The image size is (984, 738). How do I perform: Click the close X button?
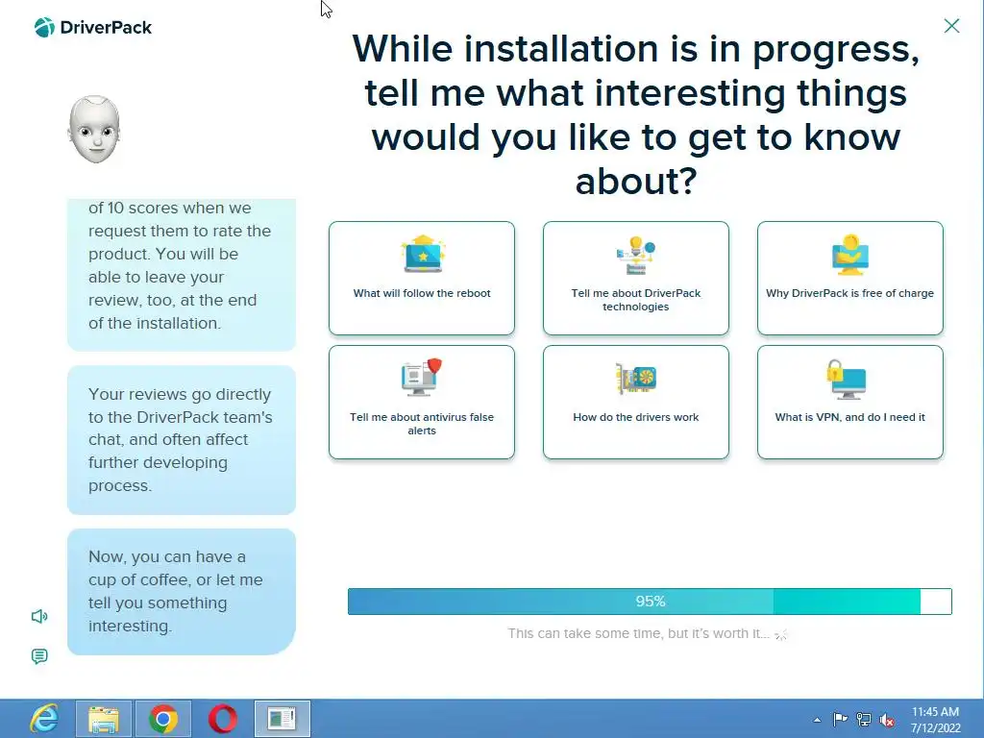951,26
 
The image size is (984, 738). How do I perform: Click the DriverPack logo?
93,28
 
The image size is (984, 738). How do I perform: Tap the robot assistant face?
94,130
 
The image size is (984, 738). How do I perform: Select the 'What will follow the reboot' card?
422,278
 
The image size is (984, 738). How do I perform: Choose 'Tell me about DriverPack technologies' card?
636,278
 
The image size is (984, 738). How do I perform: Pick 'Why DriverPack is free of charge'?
850,278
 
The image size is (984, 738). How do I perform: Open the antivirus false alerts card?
422,403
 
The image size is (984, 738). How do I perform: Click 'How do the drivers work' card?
636,403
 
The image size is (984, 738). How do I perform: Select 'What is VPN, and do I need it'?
850,403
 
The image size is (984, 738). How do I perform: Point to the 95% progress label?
651,602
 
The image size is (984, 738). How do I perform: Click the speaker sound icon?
39,616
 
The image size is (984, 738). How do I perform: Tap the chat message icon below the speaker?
39,656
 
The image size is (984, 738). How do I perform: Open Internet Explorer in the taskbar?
44,719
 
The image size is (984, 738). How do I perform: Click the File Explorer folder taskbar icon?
104,719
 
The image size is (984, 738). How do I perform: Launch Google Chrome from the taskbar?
163,719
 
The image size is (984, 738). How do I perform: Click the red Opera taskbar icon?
223,719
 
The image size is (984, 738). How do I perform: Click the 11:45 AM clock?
935,712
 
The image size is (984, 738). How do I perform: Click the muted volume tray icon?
887,720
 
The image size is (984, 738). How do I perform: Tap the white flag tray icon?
840,719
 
